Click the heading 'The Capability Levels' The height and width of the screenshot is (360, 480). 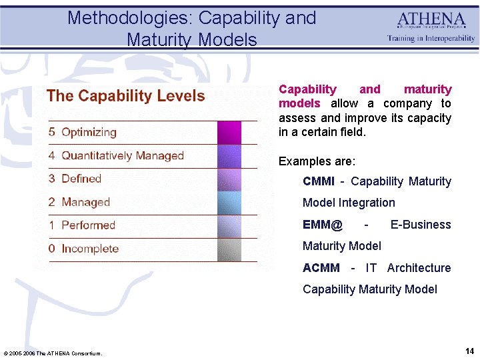(125, 96)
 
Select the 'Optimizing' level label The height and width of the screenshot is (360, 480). (89, 132)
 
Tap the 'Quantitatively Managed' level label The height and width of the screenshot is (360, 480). (122, 155)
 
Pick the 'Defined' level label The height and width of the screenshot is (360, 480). (81, 179)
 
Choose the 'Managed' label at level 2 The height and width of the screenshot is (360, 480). (85, 202)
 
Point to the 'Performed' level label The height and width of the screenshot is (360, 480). (88, 225)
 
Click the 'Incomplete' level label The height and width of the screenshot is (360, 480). (90, 249)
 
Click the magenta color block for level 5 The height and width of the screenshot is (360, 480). (229, 133)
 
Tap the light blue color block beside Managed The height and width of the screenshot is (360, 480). (229, 203)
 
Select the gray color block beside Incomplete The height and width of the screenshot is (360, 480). (229, 249)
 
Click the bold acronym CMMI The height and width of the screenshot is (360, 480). (319, 181)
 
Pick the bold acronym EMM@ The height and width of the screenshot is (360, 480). (323, 225)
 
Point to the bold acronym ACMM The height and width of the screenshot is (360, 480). (321, 268)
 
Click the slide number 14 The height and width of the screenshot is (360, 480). (469, 351)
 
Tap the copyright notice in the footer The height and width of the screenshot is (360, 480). (53, 353)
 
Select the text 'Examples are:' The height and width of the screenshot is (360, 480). (317, 161)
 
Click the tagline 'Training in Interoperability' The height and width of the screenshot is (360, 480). (431, 39)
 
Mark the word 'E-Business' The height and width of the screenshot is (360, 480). (420, 225)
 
